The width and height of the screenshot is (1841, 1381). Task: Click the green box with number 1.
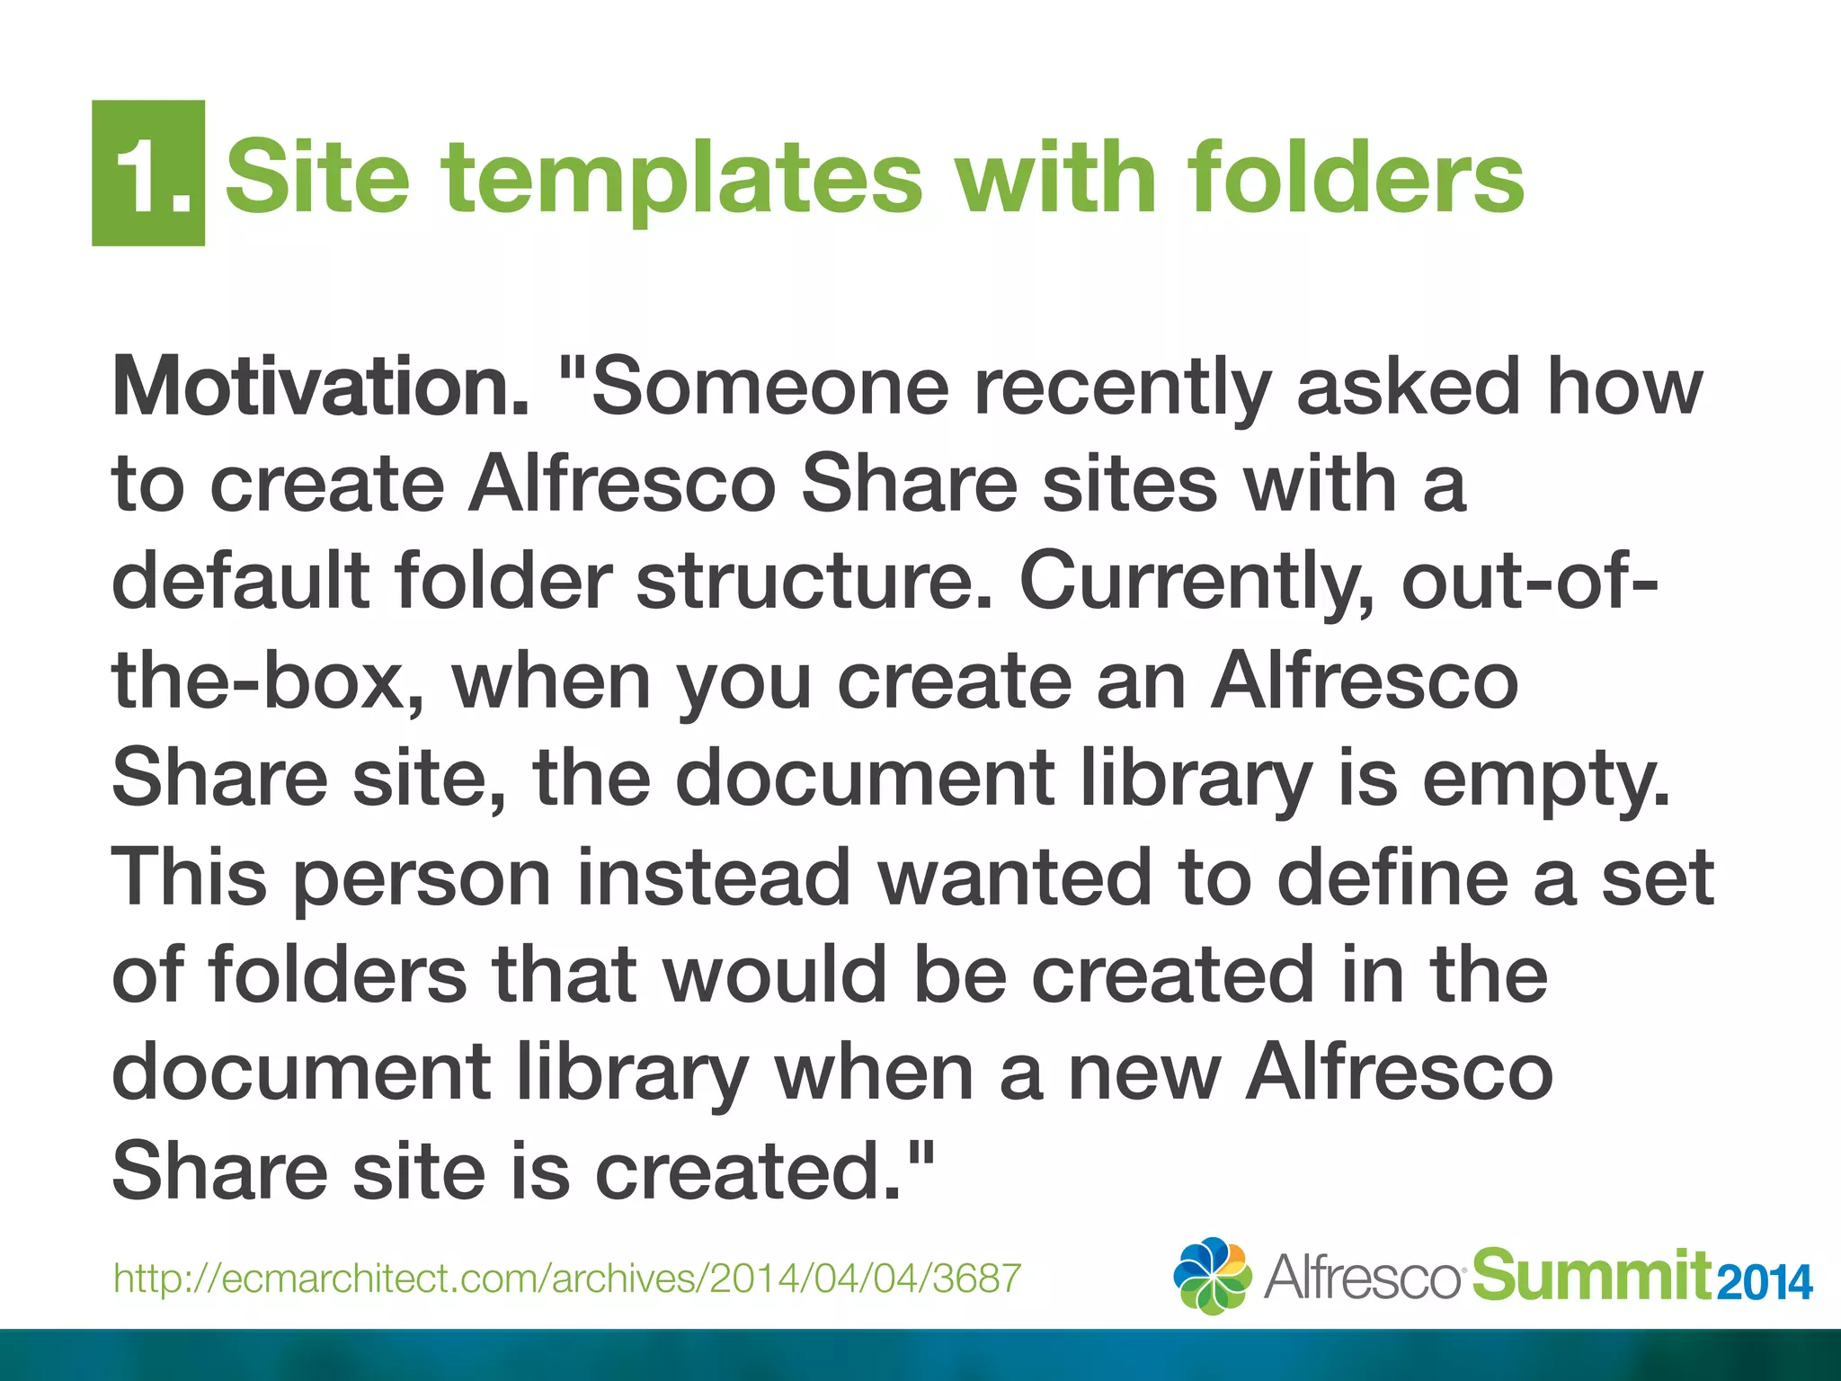click(x=148, y=173)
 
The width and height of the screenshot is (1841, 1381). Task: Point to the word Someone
click(x=769, y=388)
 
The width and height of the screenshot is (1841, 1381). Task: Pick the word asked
click(x=1408, y=388)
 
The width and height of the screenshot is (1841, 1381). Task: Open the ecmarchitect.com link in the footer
click(x=567, y=1278)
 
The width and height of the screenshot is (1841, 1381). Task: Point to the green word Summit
click(x=1591, y=1275)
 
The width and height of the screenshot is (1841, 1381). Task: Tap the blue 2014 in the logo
click(x=1765, y=1282)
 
